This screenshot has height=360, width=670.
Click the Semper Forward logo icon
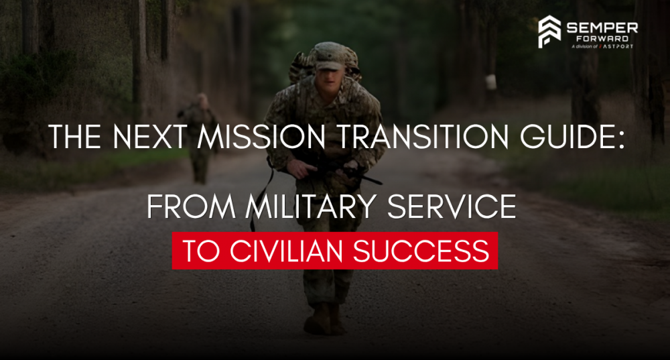(550, 32)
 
